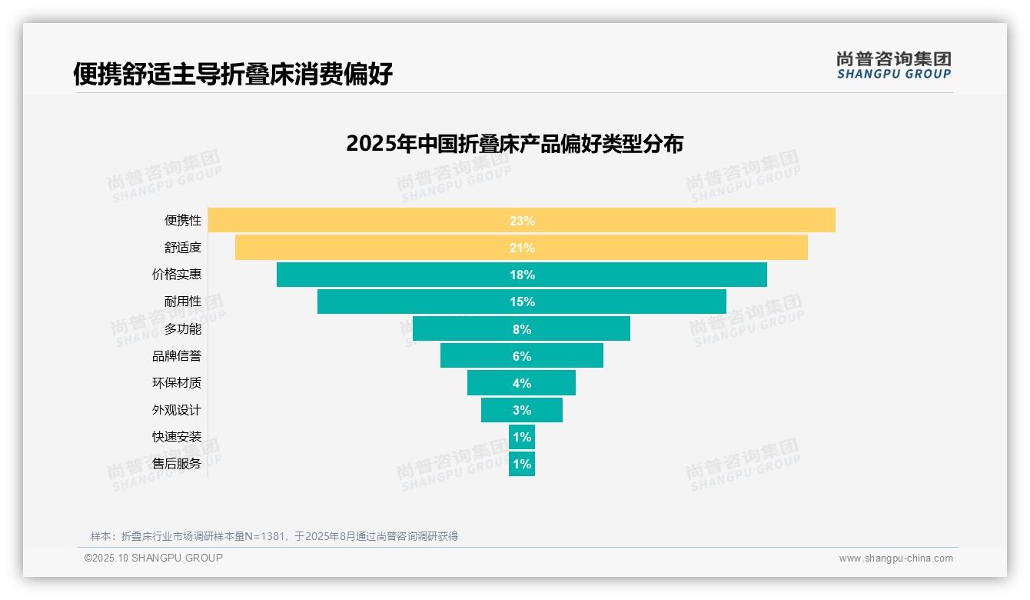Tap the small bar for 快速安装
click(x=522, y=437)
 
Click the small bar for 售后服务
click(x=522, y=464)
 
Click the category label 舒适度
click(x=183, y=248)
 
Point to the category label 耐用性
click(x=183, y=302)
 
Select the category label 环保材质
click(x=177, y=383)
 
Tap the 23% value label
click(x=522, y=221)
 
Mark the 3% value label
click(x=522, y=410)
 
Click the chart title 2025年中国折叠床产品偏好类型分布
click(x=514, y=144)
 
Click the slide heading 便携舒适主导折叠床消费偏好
click(x=233, y=74)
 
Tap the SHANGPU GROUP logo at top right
click(x=894, y=65)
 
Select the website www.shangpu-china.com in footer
click(x=895, y=558)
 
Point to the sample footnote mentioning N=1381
click(x=274, y=536)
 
